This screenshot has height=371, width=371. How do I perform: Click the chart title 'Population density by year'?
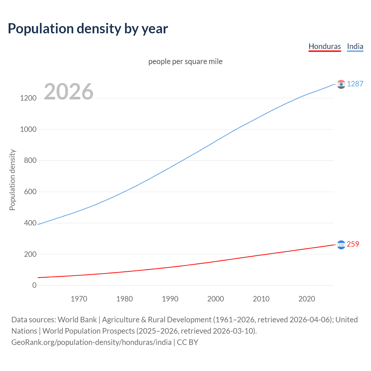(x=88, y=29)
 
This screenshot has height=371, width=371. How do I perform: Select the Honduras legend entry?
(x=325, y=46)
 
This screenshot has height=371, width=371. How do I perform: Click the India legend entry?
(x=355, y=46)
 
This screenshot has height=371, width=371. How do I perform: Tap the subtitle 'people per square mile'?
(x=185, y=61)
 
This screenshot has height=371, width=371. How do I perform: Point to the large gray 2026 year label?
(x=69, y=92)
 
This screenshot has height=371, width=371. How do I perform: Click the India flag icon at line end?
(x=341, y=84)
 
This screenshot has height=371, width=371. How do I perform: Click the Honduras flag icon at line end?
(x=341, y=245)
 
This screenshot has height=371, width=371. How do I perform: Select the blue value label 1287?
(x=355, y=84)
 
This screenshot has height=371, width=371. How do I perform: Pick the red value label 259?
(x=353, y=244)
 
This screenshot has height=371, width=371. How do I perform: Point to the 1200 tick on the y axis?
(x=28, y=98)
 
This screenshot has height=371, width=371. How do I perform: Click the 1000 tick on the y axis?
(x=28, y=129)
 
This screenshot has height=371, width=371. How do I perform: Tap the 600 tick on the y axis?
(x=30, y=192)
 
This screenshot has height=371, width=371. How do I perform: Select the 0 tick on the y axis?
(x=34, y=285)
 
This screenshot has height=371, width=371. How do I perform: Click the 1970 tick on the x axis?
(x=79, y=299)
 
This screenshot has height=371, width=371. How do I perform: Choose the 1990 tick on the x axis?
(x=170, y=299)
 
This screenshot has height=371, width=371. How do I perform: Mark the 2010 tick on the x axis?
(x=261, y=299)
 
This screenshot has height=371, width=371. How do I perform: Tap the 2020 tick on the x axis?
(x=307, y=299)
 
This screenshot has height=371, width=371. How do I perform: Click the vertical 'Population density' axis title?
(x=12, y=180)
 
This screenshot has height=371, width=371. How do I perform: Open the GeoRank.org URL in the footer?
(x=91, y=342)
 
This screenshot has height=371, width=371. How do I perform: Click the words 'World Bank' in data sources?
(x=77, y=320)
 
